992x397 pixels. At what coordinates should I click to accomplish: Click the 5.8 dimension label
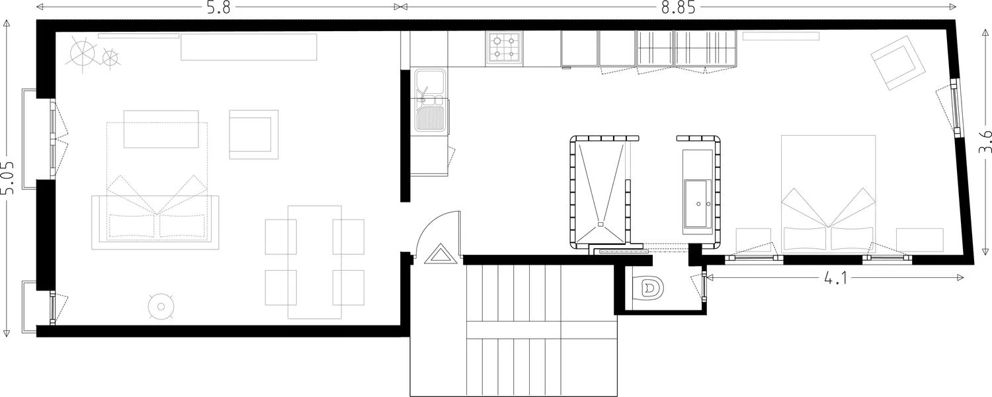pos(219,7)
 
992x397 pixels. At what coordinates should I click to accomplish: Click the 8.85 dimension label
pos(678,7)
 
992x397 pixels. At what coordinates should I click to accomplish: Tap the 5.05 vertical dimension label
pos(7,178)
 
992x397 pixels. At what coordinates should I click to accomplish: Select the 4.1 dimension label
pos(835,278)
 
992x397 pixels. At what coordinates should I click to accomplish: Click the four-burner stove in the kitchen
pos(504,49)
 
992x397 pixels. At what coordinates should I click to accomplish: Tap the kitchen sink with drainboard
pos(430,101)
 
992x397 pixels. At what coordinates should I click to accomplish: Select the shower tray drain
pos(600,225)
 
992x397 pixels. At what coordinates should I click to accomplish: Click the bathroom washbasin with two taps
pos(698,204)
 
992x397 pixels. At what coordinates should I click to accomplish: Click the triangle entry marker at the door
pos(440,255)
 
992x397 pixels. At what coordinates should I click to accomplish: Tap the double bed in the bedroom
pos(828,194)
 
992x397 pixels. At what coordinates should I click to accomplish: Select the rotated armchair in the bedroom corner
pos(898,63)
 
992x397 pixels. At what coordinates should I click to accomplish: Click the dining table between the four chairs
pos(314,262)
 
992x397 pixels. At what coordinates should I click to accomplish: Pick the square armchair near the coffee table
pos(254,134)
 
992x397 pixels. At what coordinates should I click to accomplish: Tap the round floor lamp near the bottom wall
pos(160,306)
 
